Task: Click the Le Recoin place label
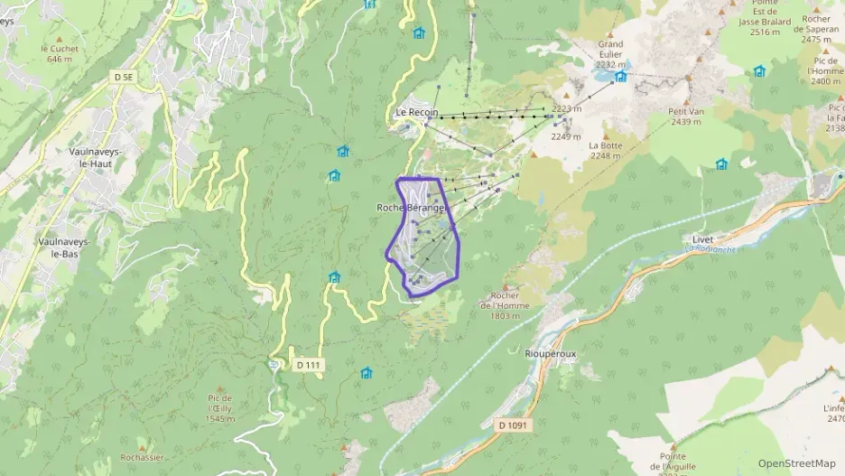[x=416, y=112]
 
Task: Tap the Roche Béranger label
[x=412, y=208]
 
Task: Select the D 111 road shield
[x=307, y=365]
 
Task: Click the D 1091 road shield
[x=514, y=425]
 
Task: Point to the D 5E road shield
[x=124, y=78]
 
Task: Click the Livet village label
[x=702, y=239]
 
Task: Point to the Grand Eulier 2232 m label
[x=610, y=54]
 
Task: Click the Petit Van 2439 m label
[x=685, y=117]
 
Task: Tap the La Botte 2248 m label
[x=605, y=150]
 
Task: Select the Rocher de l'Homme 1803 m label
[x=505, y=305]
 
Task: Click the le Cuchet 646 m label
[x=60, y=53]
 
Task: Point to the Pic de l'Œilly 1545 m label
[x=219, y=408]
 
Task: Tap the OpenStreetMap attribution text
[x=796, y=463]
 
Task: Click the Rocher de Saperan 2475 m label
[x=815, y=28]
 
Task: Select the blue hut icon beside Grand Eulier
[x=620, y=77]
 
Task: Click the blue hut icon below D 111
[x=366, y=373]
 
